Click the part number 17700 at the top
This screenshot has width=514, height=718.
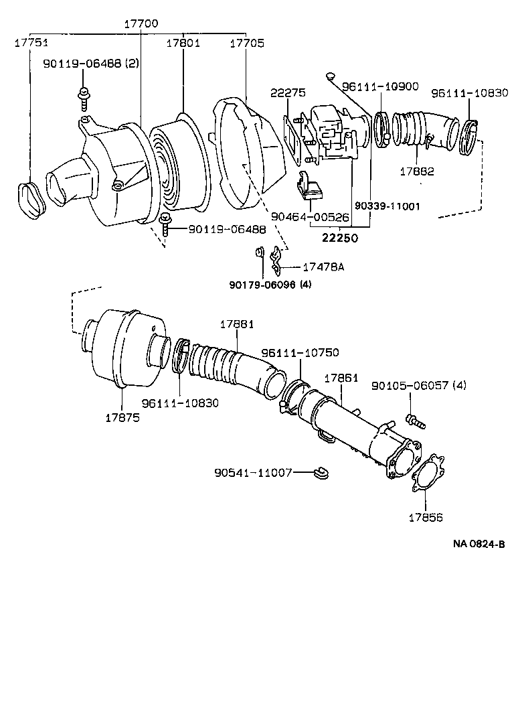[141, 23]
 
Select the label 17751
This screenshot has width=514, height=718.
[31, 43]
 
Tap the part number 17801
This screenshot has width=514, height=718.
[183, 43]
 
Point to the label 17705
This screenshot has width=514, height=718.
[246, 43]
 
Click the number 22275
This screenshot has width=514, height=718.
[288, 92]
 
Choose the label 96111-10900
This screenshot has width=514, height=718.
[380, 86]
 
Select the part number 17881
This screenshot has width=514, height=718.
[237, 324]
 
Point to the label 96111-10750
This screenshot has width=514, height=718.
[300, 352]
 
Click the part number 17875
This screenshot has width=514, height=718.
[122, 417]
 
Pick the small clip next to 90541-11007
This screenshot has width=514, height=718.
[321, 474]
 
